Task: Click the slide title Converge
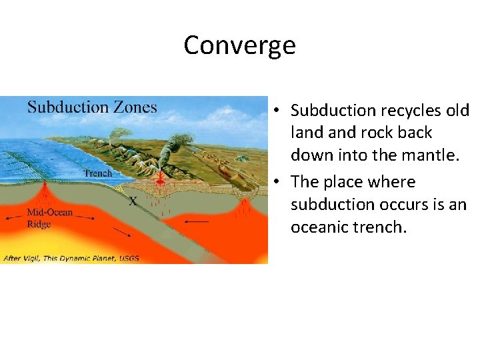(x=239, y=45)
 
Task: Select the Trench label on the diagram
(x=98, y=173)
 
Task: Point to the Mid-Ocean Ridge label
(x=49, y=218)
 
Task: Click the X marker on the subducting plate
(x=133, y=200)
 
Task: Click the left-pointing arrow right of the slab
(x=197, y=221)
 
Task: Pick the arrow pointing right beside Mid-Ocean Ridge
(x=85, y=217)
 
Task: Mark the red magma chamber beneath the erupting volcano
(x=160, y=180)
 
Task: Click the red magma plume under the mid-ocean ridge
(x=45, y=193)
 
